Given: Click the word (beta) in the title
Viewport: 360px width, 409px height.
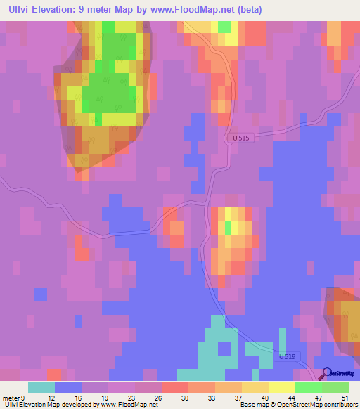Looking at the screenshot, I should [x=249, y=10].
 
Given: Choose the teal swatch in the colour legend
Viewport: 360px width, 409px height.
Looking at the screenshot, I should [x=41, y=387].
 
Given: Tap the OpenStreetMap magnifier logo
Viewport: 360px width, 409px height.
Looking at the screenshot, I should [x=327, y=373].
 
